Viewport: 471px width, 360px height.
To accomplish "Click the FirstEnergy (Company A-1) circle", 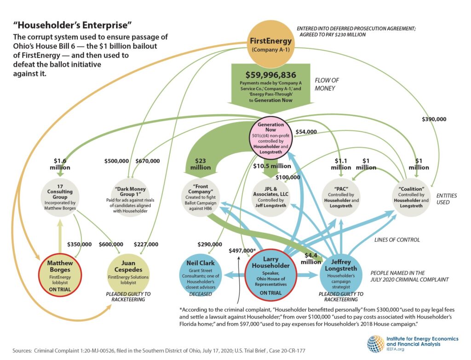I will (x=270, y=44).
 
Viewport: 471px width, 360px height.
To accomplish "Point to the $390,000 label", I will (x=434, y=119).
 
